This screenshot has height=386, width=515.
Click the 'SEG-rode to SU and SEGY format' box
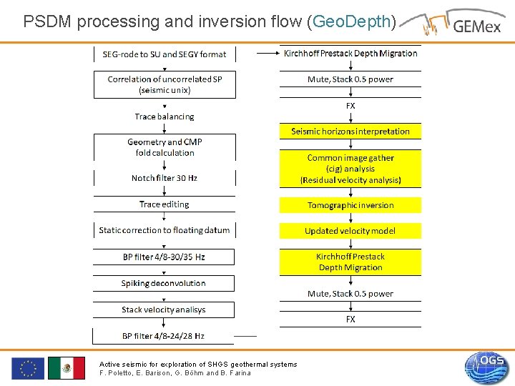164,54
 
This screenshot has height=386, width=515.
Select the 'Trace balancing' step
164,117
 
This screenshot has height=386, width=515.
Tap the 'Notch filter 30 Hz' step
164,178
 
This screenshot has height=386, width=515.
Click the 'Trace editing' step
164,204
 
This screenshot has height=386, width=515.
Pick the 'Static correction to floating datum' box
164,230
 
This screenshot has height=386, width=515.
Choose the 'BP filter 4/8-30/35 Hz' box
164,257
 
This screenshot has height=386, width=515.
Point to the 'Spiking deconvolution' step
164,283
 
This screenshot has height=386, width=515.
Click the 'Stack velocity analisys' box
164,310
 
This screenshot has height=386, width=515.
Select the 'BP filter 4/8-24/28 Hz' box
164,336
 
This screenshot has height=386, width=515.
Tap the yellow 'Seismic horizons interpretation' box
350,132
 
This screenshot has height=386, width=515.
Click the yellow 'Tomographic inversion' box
350,205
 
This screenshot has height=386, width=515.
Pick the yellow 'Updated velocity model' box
350,231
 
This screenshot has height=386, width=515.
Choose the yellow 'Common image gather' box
350,169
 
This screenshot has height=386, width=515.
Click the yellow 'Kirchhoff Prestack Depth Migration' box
350,262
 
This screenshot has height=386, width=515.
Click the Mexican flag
67,368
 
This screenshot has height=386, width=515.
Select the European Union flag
28,368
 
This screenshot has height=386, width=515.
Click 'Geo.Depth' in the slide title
351,21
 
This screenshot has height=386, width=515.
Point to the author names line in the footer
175,373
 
